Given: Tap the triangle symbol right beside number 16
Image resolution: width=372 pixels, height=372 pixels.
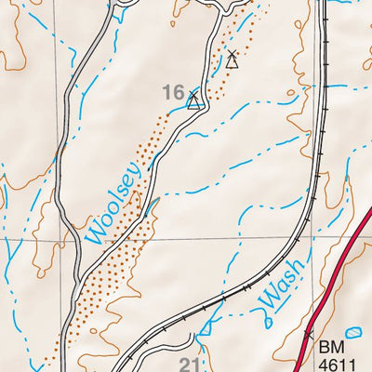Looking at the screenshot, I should [x=194, y=100].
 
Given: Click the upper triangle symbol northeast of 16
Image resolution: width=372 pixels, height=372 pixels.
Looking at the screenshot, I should [x=232, y=60].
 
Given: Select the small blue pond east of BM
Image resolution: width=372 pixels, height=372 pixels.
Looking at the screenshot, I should [x=353, y=332].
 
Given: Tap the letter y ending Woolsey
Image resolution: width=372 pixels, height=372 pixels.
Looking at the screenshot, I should [x=138, y=169].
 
